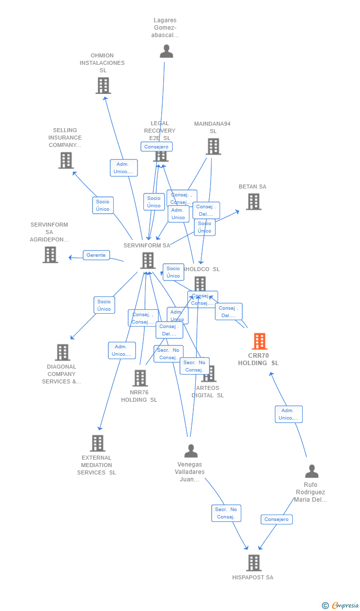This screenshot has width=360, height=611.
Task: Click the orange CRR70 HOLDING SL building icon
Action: [260, 341]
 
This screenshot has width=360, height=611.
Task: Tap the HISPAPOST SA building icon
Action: [254, 563]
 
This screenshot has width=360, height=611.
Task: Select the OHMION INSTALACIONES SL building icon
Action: [103, 86]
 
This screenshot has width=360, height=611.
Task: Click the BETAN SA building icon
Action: [254, 201]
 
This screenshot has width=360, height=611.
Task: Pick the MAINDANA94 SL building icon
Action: [213, 146]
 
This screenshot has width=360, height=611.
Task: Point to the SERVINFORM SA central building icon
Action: [147, 260]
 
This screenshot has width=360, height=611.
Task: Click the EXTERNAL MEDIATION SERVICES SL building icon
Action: [97, 443]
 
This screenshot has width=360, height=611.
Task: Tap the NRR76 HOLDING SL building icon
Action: [140, 378]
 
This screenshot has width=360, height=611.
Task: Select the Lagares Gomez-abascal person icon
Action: [166, 51]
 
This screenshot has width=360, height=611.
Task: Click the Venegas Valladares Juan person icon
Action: [191, 451]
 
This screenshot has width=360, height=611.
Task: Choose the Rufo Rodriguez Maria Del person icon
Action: [312, 471]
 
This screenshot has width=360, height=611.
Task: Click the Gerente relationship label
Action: [96, 255]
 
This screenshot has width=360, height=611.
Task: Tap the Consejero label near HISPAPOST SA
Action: [276, 519]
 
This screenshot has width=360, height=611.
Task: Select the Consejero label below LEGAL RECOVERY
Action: [156, 146]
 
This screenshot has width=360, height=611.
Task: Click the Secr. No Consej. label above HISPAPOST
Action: [226, 513]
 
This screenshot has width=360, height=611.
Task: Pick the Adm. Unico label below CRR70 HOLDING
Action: [288, 414]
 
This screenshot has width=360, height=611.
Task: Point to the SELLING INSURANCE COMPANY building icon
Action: [66, 160]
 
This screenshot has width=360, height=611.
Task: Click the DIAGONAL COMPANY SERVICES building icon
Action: [62, 352]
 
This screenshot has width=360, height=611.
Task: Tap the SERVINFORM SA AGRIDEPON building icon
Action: [50, 255]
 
